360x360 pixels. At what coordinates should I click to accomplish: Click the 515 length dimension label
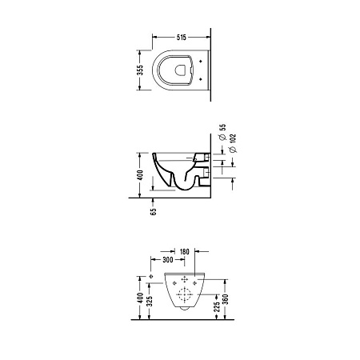click(x=182, y=38)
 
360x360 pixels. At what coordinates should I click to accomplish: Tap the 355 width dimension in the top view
click(x=140, y=70)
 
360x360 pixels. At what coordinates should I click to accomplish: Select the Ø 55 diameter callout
click(x=222, y=132)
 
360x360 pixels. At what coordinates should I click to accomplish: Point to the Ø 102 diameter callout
click(x=233, y=143)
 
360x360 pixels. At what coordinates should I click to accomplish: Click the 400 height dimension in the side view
click(x=140, y=175)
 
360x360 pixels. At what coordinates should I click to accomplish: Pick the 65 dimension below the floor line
click(x=154, y=212)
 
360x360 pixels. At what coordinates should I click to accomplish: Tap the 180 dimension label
click(x=184, y=251)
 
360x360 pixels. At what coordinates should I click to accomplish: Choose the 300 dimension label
click(x=168, y=259)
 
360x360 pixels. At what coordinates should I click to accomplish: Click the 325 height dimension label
click(x=150, y=301)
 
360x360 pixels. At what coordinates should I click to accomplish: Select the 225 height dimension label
click(x=217, y=306)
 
